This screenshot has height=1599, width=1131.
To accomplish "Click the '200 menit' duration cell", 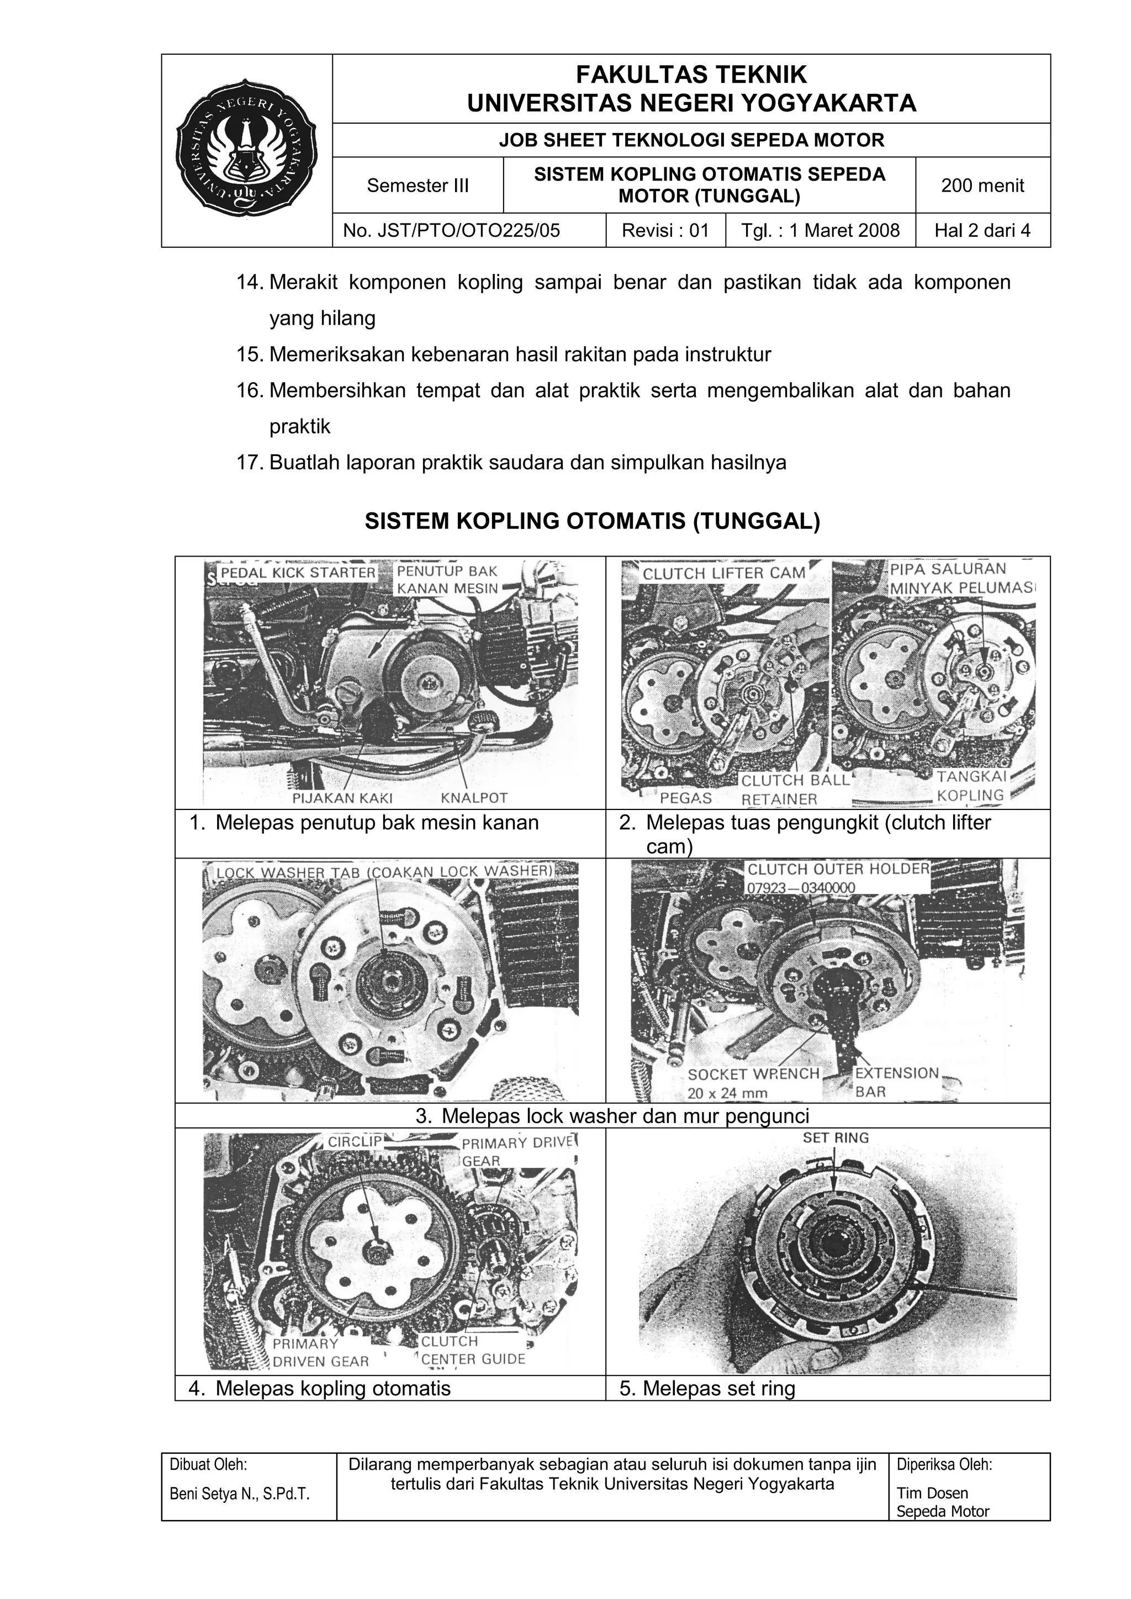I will (982, 186).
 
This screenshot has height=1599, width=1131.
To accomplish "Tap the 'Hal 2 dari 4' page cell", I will (982, 230).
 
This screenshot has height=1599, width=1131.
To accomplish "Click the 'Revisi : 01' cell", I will (664, 230).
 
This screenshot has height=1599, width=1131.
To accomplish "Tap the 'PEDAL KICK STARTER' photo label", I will (298, 573).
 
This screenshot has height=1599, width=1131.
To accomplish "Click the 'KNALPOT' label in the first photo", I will (474, 797).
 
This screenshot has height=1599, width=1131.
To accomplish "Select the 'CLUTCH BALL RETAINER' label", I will (795, 790).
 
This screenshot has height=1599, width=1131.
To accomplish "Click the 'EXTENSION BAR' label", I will (896, 1082).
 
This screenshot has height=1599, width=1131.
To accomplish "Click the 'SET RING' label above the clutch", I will (836, 1138).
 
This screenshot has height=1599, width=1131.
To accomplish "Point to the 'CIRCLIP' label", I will (355, 1141).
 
